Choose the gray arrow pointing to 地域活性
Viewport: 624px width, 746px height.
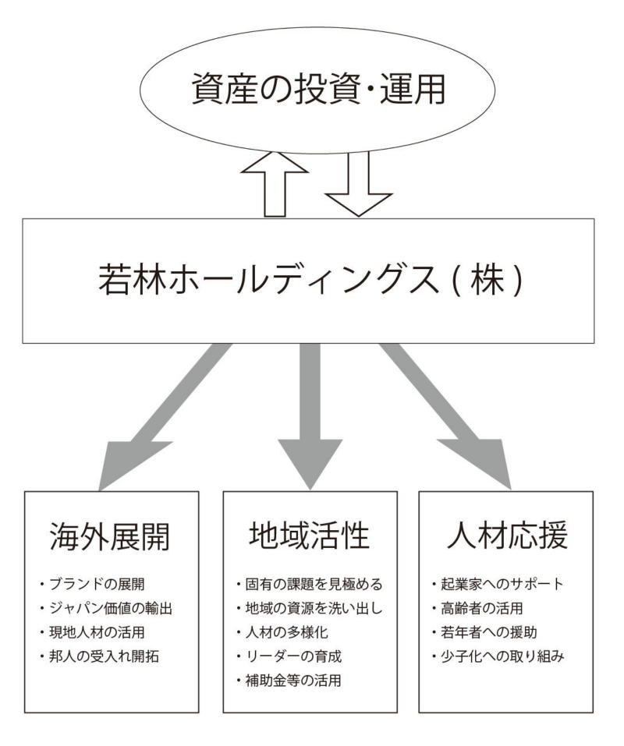point(310,413)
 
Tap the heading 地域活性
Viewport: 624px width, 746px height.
point(310,538)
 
